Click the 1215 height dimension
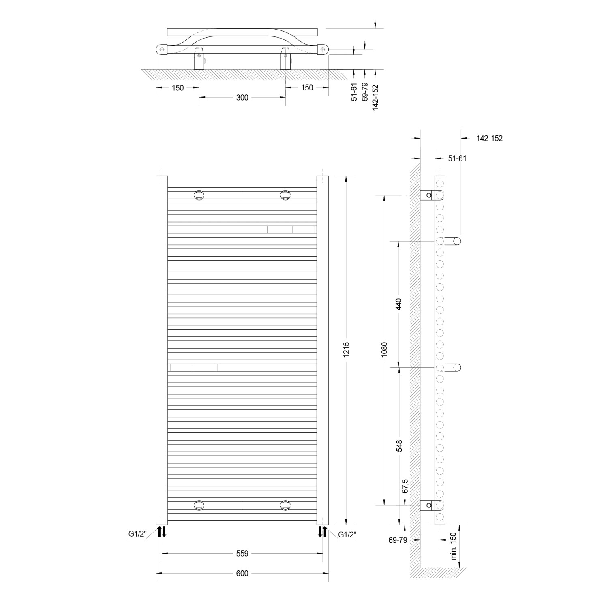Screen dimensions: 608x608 click(346, 350)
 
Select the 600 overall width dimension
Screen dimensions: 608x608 click(242, 573)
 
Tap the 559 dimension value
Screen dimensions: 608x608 click(242, 553)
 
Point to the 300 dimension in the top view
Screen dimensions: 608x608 click(242, 98)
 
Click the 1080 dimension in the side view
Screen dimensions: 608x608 click(384, 349)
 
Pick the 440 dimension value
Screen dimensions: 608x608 click(399, 304)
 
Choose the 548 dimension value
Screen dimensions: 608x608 click(400, 446)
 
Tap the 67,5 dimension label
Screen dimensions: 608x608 click(405, 486)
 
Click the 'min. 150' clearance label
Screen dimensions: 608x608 click(454, 546)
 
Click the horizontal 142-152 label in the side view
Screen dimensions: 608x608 click(489, 139)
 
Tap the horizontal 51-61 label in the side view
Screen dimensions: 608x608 click(457, 158)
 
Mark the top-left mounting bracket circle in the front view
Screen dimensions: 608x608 click(199, 195)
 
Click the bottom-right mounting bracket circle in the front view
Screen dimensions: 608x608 click(285, 505)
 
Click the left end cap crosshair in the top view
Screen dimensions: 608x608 click(162, 49)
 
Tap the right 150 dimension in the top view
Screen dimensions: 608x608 click(307, 88)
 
